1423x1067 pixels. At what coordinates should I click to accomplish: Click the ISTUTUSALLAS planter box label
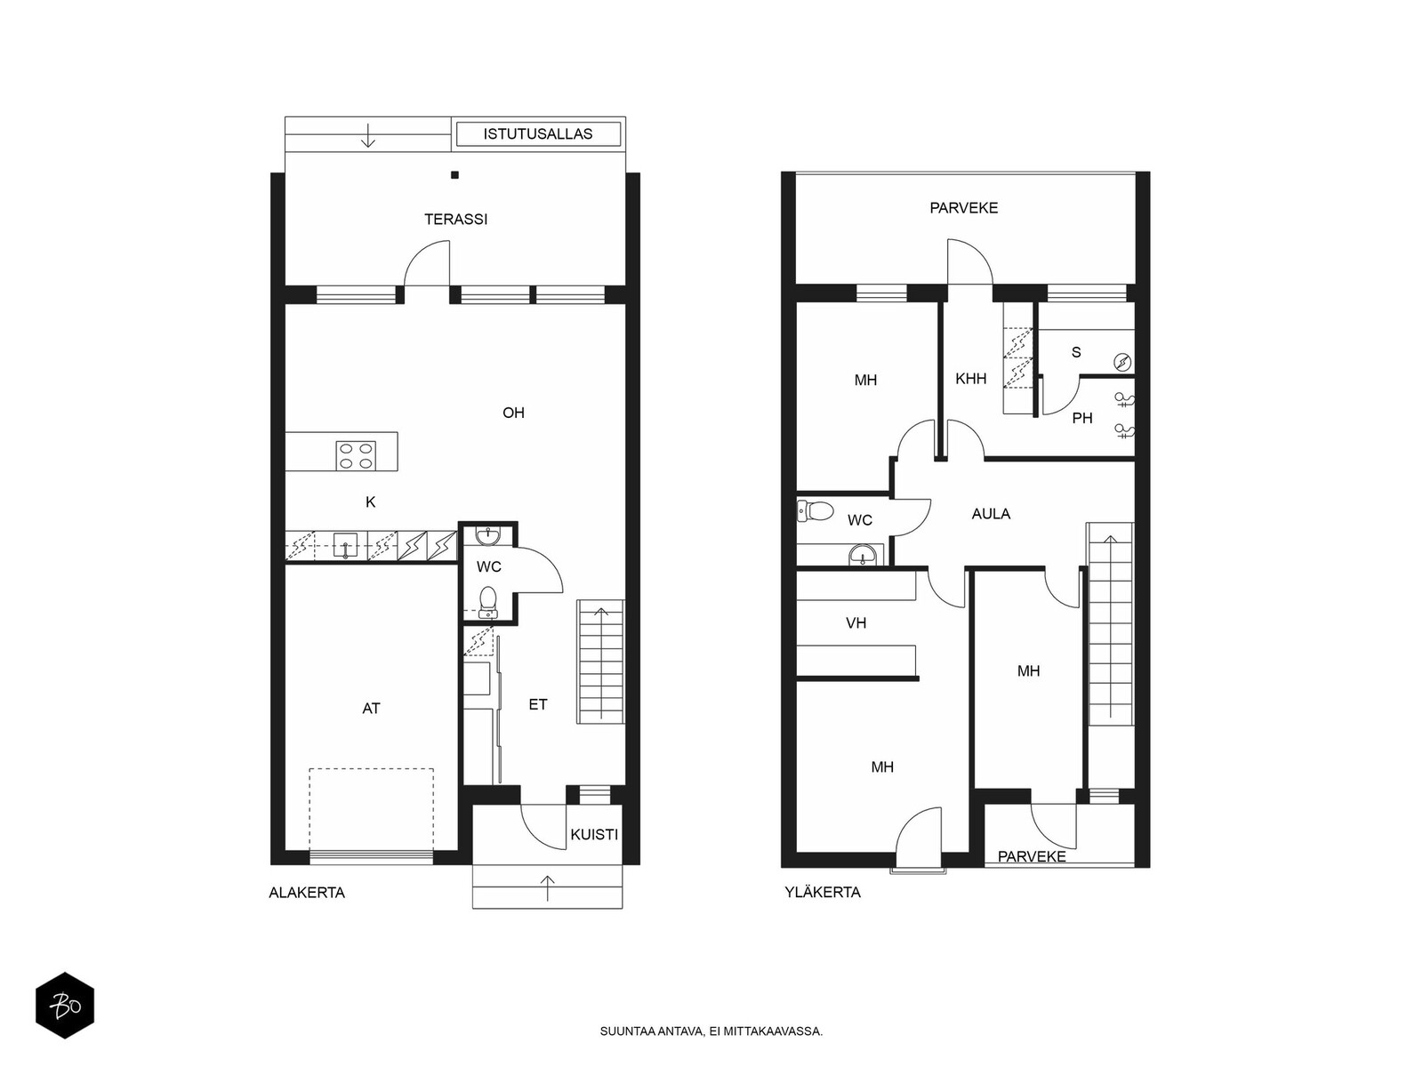[537, 134]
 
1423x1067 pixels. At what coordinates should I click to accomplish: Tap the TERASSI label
[455, 220]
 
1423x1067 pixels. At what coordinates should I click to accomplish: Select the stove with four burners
[356, 454]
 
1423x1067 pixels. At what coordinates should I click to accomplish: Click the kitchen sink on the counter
[346, 545]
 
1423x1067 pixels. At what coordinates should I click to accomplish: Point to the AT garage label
[371, 709]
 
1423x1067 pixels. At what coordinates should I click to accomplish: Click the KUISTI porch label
[594, 835]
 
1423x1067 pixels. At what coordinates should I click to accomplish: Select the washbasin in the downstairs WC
[486, 536]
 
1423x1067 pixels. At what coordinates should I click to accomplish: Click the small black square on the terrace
[455, 175]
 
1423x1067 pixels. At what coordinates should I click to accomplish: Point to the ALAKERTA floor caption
[307, 893]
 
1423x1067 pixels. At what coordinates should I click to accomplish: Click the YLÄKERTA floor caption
[823, 892]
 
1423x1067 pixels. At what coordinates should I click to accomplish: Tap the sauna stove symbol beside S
[1122, 362]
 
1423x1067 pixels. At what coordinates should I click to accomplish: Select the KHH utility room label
[970, 379]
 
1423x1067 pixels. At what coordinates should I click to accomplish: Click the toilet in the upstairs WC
[815, 511]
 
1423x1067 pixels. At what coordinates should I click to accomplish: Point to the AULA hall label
[991, 515]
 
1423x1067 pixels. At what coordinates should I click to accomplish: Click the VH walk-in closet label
[856, 623]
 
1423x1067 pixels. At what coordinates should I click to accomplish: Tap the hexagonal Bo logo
[65, 1006]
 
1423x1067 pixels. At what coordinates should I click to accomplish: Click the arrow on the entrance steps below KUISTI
[548, 888]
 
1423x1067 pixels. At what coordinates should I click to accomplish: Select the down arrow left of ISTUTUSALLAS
[368, 135]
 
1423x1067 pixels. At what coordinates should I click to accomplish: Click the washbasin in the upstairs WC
[863, 556]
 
